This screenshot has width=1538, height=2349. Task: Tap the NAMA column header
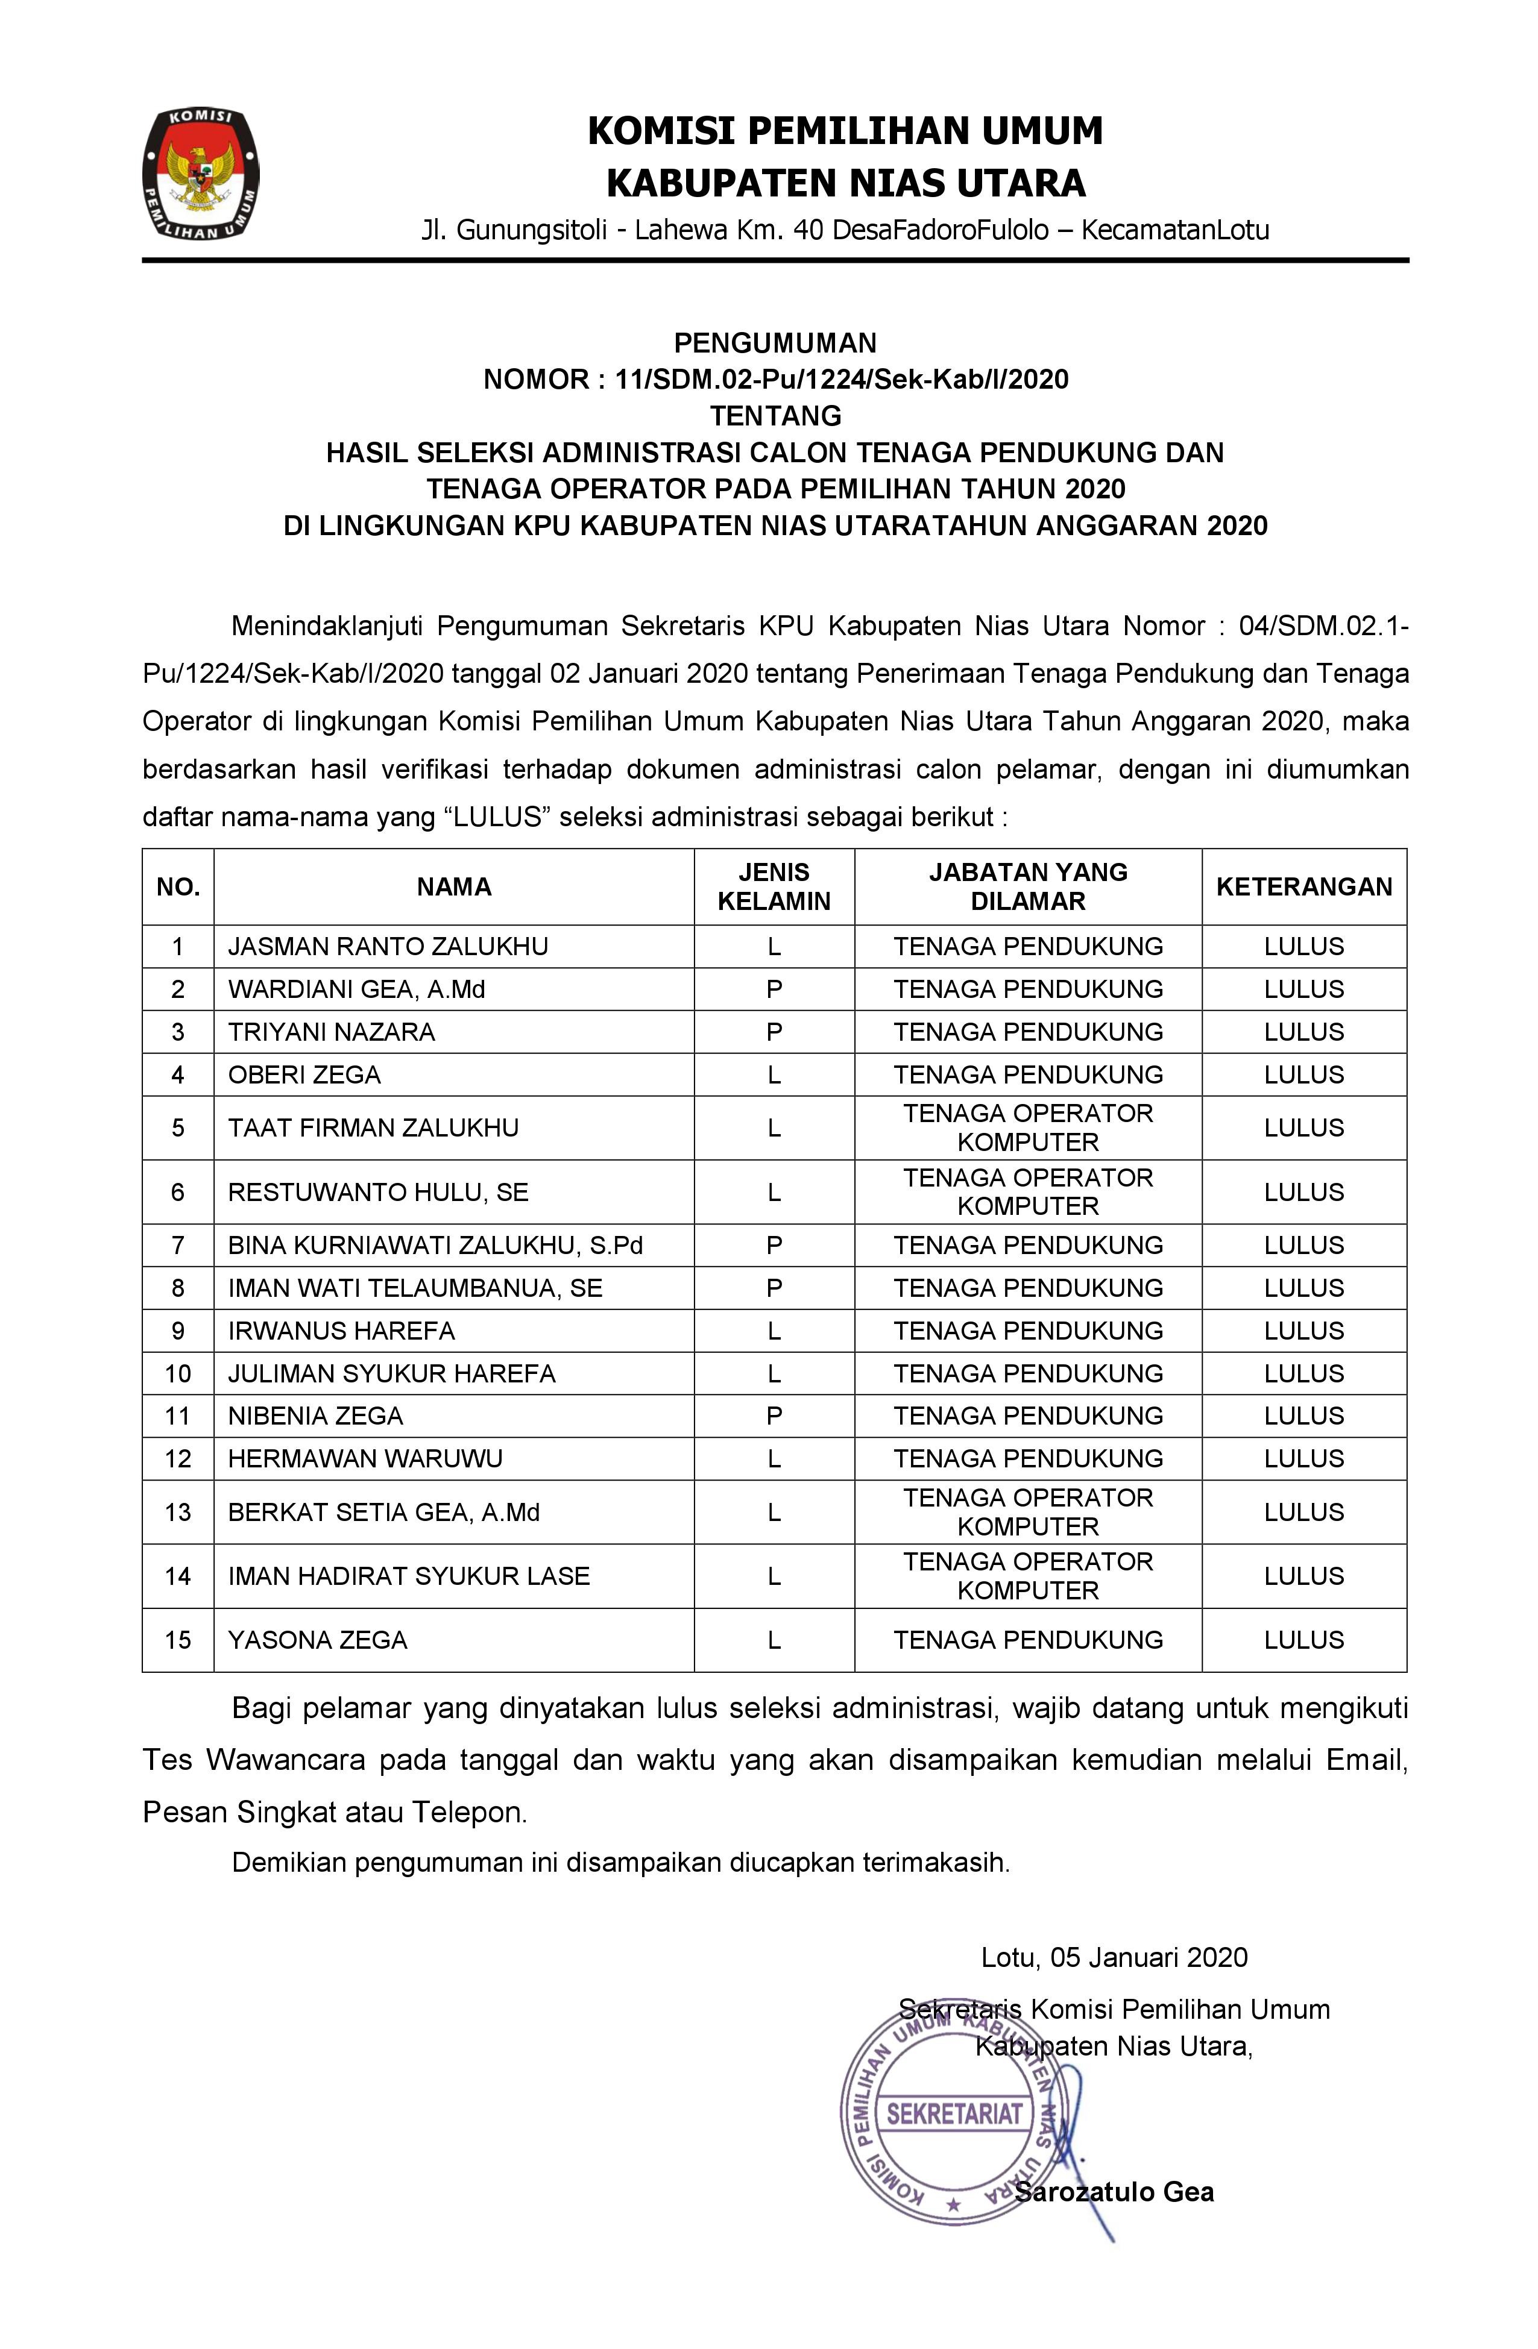coord(453,886)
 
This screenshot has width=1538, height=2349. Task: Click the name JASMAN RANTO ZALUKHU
coord(387,947)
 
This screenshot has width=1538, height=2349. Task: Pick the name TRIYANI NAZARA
coord(331,1032)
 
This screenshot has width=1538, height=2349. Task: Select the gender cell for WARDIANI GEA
coord(774,989)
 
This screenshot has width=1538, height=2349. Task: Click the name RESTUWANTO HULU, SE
coord(378,1192)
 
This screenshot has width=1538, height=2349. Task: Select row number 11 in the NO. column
coord(178,1416)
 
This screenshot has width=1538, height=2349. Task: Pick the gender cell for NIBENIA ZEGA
coord(774,1416)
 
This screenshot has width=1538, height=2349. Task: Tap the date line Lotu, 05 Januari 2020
coord(1114,1957)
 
